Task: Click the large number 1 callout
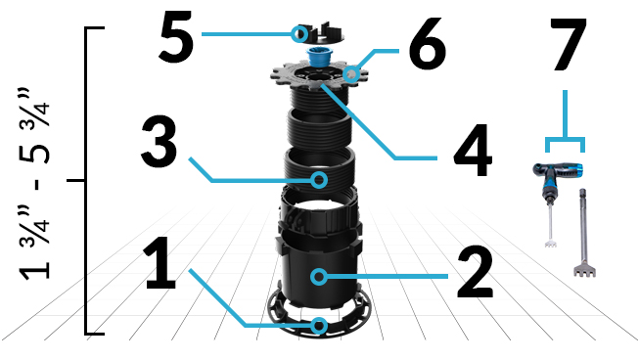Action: click(x=160, y=257)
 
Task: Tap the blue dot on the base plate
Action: click(x=319, y=325)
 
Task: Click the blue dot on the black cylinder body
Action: click(x=319, y=277)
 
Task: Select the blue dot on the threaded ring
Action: click(x=319, y=179)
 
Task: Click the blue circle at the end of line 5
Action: click(x=297, y=34)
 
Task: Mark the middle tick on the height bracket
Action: click(x=73, y=181)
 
